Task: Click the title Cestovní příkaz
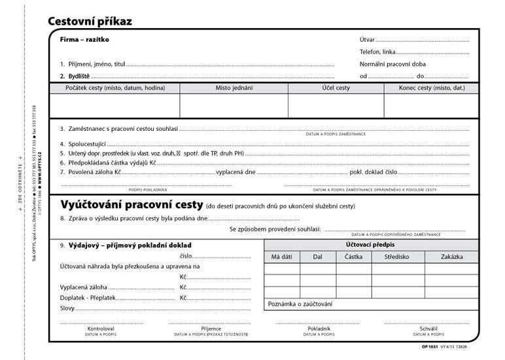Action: point(90,21)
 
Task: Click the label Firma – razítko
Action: point(84,39)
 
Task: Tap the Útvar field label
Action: point(367,40)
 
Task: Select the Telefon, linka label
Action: point(377,52)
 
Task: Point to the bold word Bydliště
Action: point(79,77)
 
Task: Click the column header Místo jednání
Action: point(234,88)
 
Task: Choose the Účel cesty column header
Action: point(336,88)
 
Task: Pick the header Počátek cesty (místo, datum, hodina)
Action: point(114,88)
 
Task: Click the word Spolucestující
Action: point(86,143)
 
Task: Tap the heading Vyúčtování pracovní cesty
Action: point(131,205)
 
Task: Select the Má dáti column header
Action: point(281,257)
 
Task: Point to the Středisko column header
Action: point(397,257)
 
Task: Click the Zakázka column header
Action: point(451,257)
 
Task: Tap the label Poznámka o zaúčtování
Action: point(300,304)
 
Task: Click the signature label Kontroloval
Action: point(101,328)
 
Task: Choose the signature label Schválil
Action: point(428,328)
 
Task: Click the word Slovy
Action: point(67,308)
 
